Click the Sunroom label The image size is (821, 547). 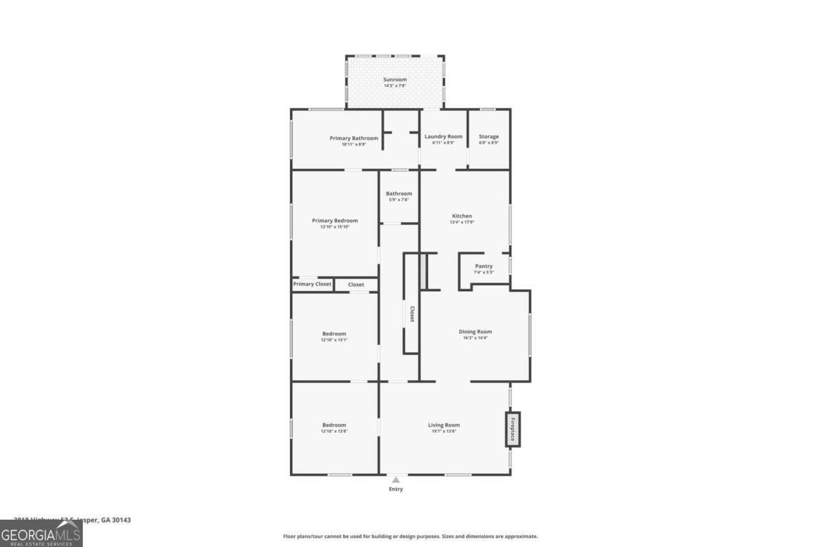point(395,79)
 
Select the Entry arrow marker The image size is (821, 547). point(395,480)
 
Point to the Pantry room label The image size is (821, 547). point(484,266)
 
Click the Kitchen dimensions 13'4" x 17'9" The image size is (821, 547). point(462,222)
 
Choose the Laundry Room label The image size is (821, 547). point(443,137)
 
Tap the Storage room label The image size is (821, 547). point(488,137)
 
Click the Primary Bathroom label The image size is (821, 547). point(354,138)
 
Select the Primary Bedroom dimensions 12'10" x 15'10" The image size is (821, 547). point(335,227)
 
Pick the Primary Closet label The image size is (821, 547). point(313,284)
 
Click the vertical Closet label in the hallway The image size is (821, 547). point(412,314)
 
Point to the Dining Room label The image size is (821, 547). point(475,332)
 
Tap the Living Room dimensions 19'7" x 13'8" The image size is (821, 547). point(444,431)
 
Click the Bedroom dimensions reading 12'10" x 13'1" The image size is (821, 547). point(335,340)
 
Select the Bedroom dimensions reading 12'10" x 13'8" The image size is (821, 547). point(335,431)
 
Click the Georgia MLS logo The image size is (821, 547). point(41,534)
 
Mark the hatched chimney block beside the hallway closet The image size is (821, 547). point(423,271)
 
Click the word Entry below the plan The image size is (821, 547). point(396,490)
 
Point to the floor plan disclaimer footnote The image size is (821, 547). point(410,537)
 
